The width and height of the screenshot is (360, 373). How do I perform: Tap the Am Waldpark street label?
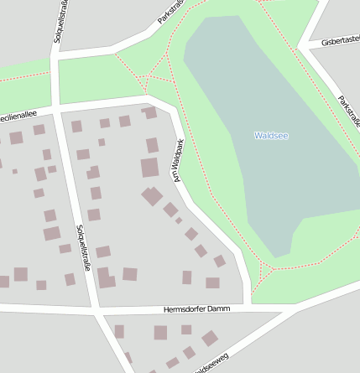coord(176,165)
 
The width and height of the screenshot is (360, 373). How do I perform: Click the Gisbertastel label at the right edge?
coord(340,41)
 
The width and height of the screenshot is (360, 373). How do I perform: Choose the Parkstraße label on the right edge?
coord(348,111)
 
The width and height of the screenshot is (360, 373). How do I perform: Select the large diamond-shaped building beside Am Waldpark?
coord(152,196)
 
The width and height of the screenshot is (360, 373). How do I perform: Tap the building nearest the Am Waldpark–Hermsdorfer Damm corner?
coord(212,282)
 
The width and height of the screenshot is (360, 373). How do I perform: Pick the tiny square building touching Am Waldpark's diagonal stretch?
coord(179,220)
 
